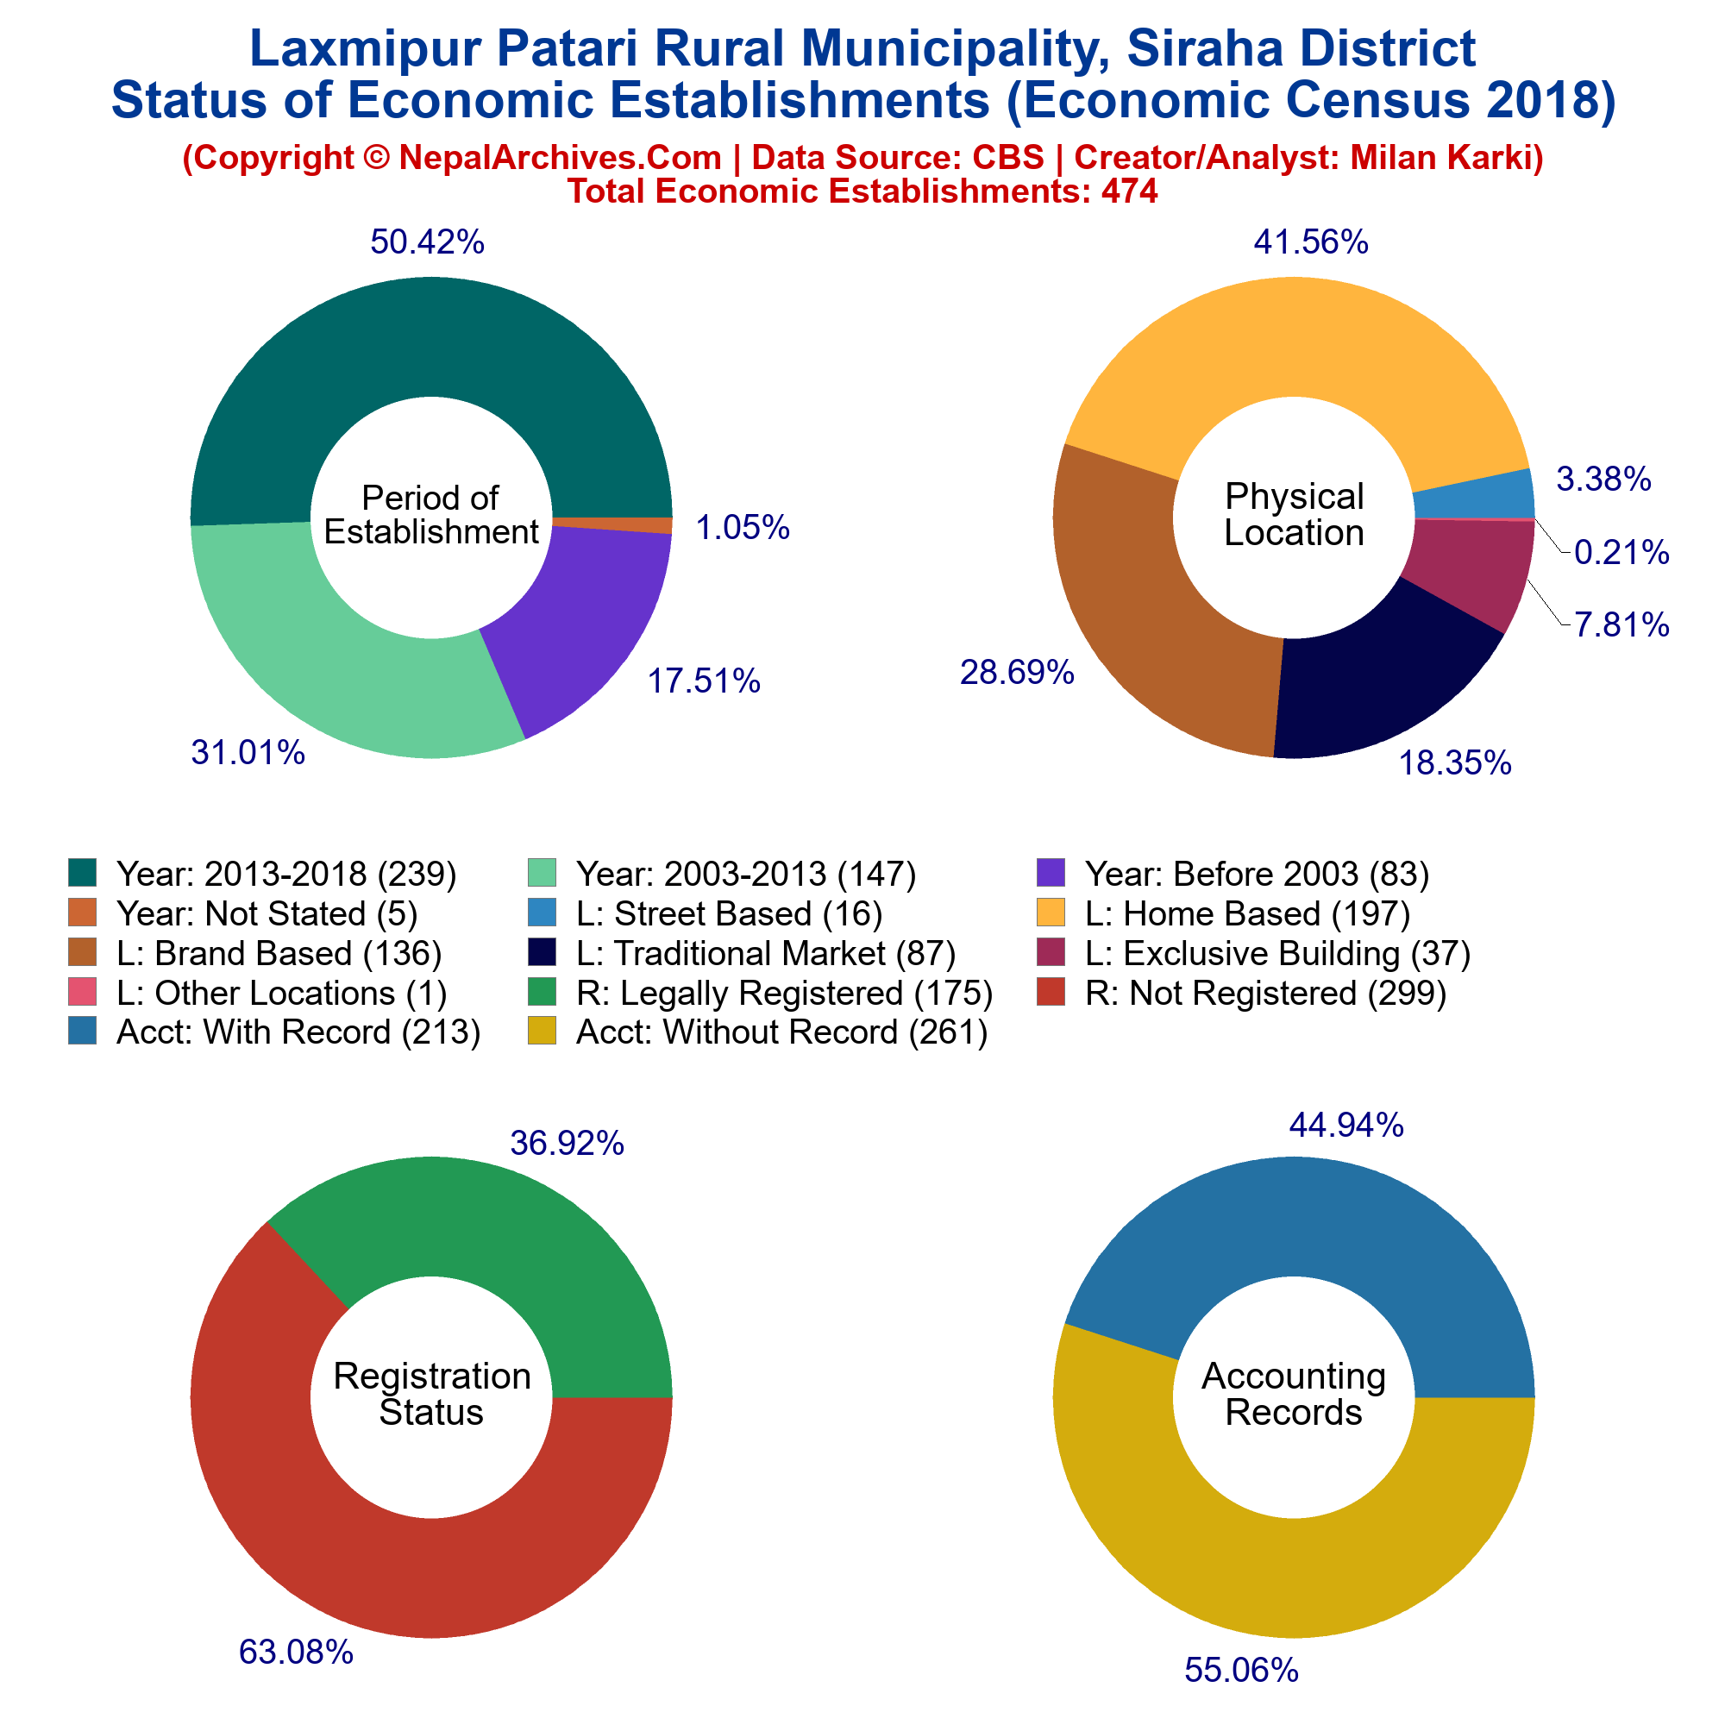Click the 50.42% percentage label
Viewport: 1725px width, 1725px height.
point(427,242)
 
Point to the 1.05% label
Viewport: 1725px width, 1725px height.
point(742,528)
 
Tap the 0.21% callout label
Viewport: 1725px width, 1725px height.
point(1621,553)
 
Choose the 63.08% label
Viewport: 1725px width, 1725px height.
point(297,1651)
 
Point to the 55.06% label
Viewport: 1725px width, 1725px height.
point(1241,1669)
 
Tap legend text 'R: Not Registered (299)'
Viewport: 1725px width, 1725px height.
point(1265,992)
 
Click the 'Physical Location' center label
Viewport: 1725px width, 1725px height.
point(1294,514)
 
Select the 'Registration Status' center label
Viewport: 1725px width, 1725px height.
point(431,1394)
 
